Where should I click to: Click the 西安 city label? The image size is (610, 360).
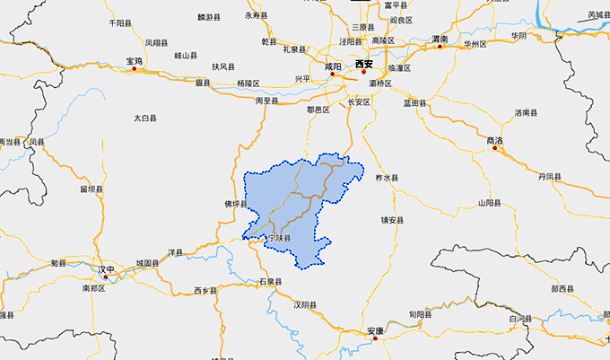363,64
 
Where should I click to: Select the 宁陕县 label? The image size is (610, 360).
280,238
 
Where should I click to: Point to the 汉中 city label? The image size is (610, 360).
107,268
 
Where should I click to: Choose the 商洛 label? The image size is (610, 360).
494,141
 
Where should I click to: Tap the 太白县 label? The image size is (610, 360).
145,118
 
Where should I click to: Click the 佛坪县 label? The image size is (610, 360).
234,204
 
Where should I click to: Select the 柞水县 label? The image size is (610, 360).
386,179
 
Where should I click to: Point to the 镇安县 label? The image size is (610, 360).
393,220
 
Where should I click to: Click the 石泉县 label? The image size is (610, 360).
270,282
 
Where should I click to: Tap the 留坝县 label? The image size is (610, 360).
91,189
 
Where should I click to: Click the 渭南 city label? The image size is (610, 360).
440,40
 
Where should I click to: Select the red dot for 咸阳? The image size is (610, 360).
332,75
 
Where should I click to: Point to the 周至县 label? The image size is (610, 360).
266,101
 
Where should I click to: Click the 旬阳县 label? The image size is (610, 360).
420,315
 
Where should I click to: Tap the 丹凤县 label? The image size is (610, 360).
550,178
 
